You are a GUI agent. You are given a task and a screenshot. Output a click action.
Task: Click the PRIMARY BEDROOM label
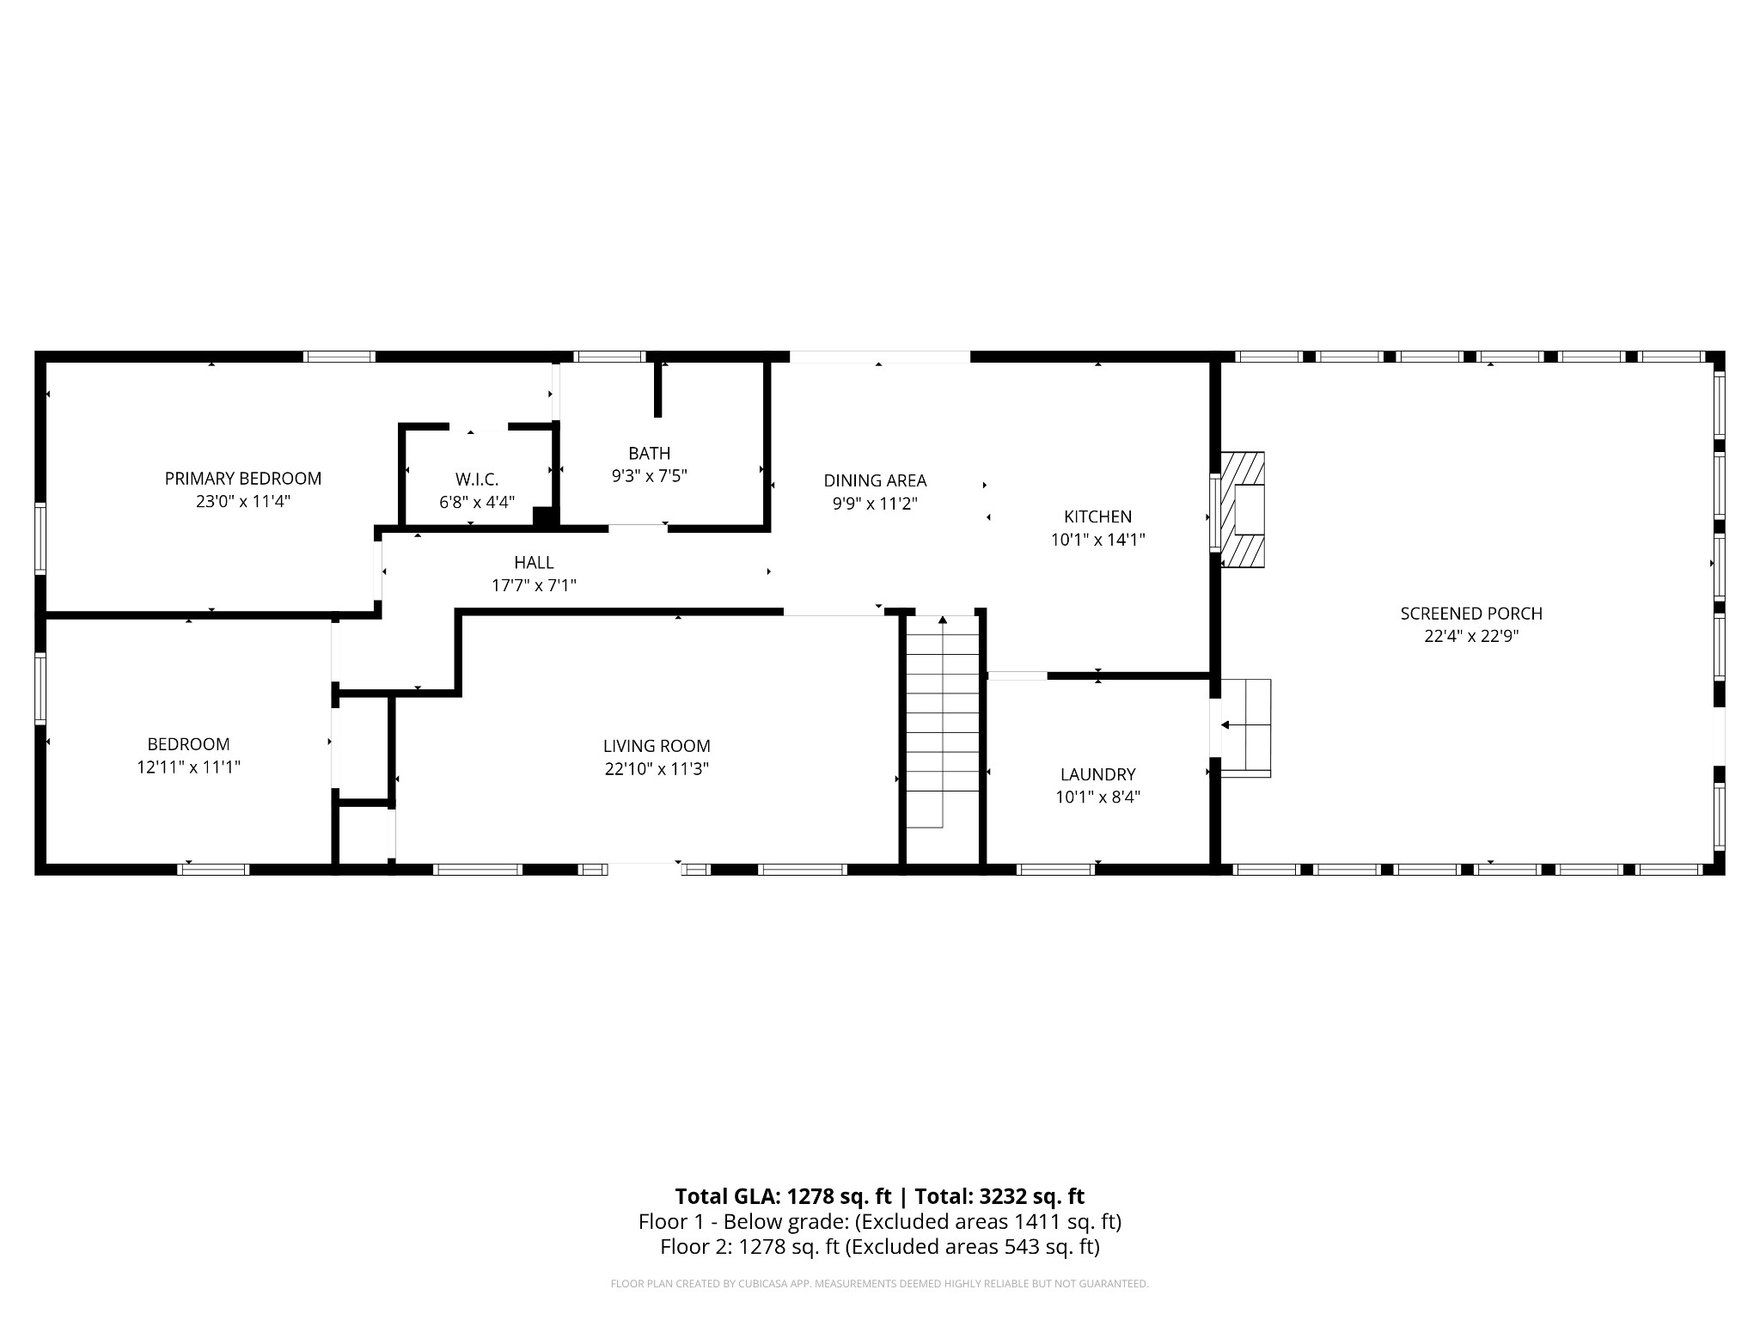click(x=243, y=479)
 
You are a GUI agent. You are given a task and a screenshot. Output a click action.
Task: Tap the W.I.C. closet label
click(x=477, y=480)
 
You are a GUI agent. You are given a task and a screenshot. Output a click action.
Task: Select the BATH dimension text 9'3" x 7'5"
click(x=649, y=476)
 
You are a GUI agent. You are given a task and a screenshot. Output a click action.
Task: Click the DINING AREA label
click(x=875, y=481)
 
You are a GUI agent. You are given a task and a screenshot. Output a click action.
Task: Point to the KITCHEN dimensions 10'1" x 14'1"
click(x=1097, y=540)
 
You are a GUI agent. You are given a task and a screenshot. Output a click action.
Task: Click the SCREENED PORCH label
click(x=1471, y=614)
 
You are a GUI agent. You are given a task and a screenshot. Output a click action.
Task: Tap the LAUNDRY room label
click(x=1097, y=774)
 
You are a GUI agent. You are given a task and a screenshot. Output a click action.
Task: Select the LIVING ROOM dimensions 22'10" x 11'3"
click(x=657, y=769)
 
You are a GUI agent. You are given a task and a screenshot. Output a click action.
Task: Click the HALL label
click(x=534, y=563)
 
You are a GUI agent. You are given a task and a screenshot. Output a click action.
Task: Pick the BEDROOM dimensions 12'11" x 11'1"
click(x=188, y=767)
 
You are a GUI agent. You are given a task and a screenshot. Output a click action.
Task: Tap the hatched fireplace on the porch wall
click(x=1244, y=510)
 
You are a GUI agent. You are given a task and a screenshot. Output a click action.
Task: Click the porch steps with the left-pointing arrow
click(x=1245, y=726)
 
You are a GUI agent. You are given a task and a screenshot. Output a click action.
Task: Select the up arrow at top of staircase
click(x=943, y=620)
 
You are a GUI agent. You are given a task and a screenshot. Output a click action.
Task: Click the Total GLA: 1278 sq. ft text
click(x=783, y=1196)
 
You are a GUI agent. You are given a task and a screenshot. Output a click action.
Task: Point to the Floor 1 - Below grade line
click(x=879, y=1221)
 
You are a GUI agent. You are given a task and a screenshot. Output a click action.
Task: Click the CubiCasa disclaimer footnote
click(x=879, y=1284)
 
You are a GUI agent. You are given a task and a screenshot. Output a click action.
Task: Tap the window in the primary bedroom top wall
click(x=339, y=357)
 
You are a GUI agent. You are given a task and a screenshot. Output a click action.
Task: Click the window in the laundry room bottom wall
click(x=1055, y=870)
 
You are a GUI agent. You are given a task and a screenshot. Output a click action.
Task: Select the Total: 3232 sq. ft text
click(x=999, y=1196)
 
